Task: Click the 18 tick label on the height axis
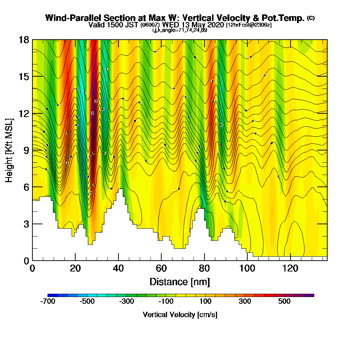[x=24, y=40]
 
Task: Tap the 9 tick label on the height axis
[x=26, y=150]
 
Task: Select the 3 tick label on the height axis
[x=26, y=224]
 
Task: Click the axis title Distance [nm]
[x=180, y=282]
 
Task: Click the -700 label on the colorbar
[x=48, y=302]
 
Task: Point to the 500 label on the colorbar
[x=284, y=302]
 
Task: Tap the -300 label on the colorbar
[x=126, y=302]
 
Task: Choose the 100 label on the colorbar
[x=205, y=302]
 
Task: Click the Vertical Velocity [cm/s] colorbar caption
[x=180, y=315]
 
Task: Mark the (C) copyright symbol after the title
[x=311, y=18]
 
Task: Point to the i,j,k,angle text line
[x=180, y=30]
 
